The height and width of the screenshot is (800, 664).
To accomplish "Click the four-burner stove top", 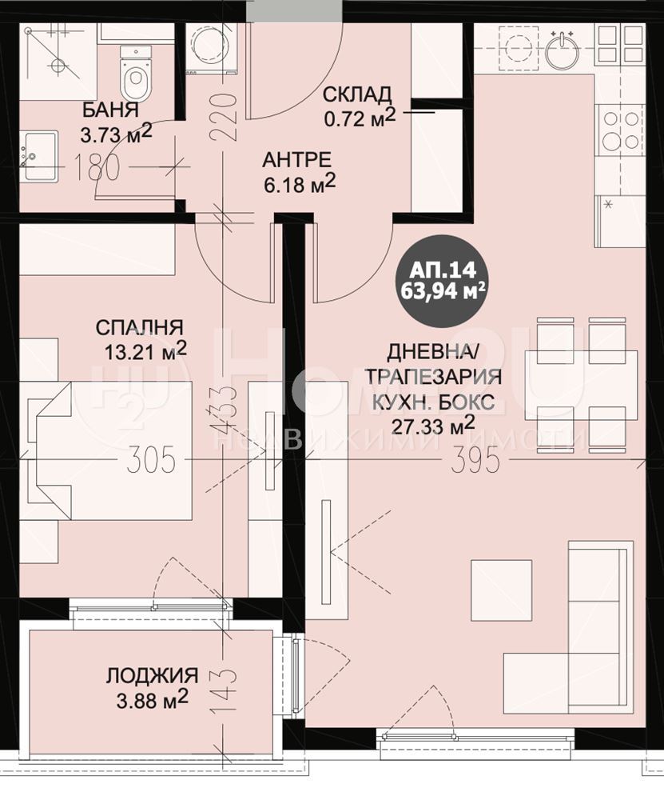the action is pos(621,132).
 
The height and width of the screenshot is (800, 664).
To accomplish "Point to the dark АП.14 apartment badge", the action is pos(442,281).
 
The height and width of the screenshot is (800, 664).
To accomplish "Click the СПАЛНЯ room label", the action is pos(139,327).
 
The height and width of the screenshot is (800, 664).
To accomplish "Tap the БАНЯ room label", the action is pos(110,110).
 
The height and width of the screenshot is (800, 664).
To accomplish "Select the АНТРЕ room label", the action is pos(296,160).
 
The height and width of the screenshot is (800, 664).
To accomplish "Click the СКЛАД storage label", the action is pos(358,94).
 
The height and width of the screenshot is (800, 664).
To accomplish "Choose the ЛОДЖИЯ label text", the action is pos(152,675).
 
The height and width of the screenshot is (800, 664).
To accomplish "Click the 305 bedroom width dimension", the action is pos(151,458).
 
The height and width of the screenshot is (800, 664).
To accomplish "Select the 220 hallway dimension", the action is pos(226,116).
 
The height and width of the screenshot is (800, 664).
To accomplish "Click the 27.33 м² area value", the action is pos(433,425).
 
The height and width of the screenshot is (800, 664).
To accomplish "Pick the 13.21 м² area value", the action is pos(145,350).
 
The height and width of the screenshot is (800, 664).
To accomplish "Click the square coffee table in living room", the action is pos(502,590).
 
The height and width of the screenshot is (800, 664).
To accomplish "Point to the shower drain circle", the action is pos(58,66).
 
